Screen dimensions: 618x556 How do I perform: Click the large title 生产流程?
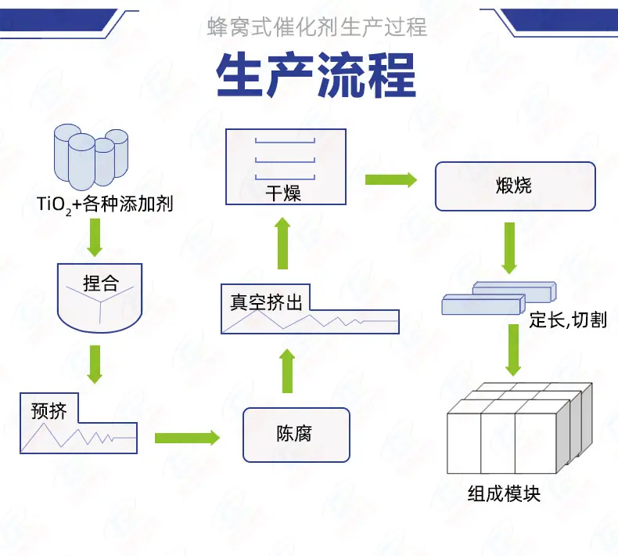click(316, 75)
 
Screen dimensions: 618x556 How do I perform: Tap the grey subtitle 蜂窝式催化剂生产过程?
click(317, 27)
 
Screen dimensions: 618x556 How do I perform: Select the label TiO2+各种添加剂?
click(105, 204)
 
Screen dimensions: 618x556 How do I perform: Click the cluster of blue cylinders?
click(91, 157)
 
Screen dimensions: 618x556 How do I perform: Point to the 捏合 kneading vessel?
click(99, 298)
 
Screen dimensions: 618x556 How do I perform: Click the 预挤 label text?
click(49, 411)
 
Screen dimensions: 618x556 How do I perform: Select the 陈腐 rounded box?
click(296, 435)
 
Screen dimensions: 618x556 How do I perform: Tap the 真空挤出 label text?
click(266, 302)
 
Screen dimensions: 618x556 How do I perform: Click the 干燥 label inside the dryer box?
click(283, 193)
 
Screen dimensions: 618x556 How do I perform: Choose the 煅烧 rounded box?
click(516, 186)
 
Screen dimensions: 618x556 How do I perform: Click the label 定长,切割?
click(568, 320)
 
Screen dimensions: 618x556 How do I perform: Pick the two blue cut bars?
click(499, 298)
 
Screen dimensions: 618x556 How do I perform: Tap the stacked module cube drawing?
click(519, 428)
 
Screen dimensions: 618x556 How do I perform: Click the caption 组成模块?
click(504, 493)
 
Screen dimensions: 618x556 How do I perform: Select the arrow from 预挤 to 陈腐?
click(187, 438)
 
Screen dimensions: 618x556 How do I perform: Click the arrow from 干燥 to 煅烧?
click(391, 179)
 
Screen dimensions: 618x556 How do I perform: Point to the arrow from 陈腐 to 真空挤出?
click(287, 371)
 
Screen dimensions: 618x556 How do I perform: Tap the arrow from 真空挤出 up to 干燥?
click(282, 243)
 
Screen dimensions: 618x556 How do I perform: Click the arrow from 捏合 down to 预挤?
click(95, 364)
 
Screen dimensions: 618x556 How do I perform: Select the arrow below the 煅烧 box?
click(509, 247)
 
